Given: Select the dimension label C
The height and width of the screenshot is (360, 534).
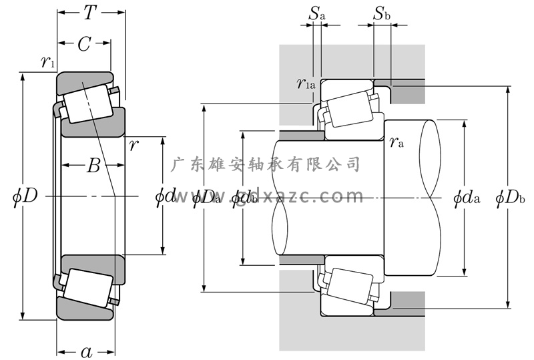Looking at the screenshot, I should pyautogui.click(x=84, y=44).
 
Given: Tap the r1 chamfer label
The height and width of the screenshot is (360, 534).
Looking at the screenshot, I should pyautogui.click(x=47, y=63).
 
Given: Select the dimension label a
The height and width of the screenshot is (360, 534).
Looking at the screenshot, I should pyautogui.click(x=86, y=352).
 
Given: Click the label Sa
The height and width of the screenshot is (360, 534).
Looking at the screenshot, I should pyautogui.click(x=316, y=13).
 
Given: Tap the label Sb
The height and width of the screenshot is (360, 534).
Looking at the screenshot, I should pyautogui.click(x=381, y=13).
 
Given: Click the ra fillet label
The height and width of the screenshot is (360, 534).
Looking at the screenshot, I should pyautogui.click(x=396, y=141).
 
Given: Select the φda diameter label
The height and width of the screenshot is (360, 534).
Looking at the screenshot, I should pyautogui.click(x=466, y=198).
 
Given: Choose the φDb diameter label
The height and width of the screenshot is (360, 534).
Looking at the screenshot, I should pyautogui.click(x=511, y=198).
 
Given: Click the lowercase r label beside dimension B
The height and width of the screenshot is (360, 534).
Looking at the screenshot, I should pyautogui.click(x=134, y=145).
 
